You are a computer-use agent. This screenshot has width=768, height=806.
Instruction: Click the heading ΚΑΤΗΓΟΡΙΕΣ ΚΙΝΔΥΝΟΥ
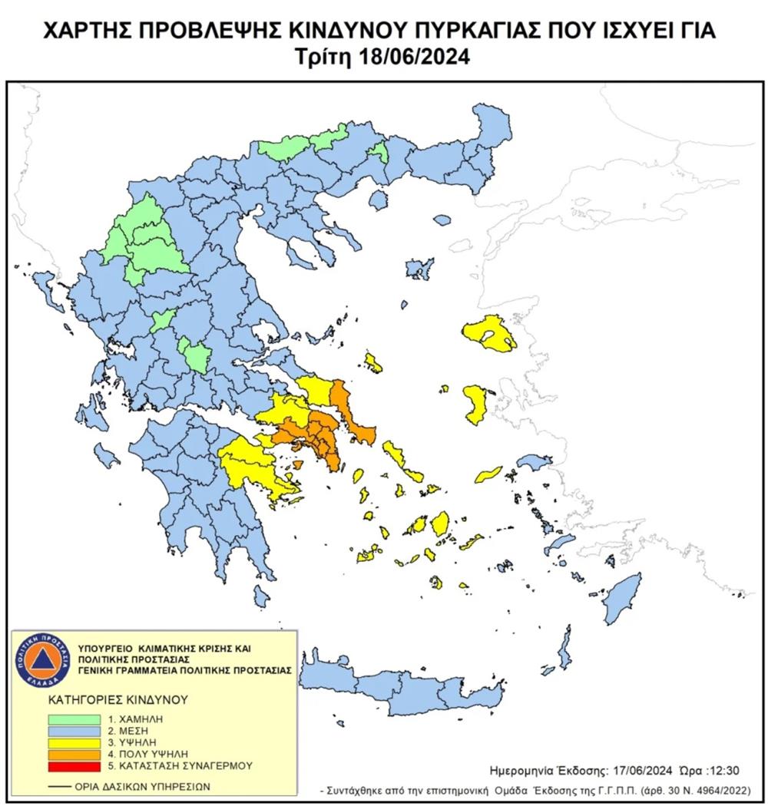coord(108,701)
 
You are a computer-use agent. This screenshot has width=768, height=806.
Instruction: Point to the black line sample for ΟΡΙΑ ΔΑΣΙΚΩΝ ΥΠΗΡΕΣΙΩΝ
coord(58,787)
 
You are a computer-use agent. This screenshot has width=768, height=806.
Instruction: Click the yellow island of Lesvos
coord(488,335)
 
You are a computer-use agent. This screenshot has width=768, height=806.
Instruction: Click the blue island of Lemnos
coord(419,269)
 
